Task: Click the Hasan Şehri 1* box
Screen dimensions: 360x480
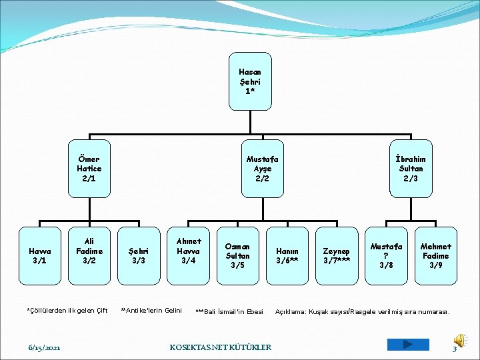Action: (x=249, y=81)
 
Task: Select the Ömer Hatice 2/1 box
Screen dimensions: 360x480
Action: (x=89, y=169)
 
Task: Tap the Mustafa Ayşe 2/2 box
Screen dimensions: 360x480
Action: (x=262, y=169)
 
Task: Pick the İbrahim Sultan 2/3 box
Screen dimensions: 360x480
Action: (x=410, y=169)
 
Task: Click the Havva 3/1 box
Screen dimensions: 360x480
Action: (x=39, y=256)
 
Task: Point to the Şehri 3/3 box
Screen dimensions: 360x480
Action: (x=139, y=256)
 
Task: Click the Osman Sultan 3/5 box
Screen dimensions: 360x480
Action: (x=237, y=256)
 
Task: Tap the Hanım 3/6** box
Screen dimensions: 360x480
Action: (x=287, y=256)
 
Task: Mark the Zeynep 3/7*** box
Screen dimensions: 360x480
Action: (x=337, y=256)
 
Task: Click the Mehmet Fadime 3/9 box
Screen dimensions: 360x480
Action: (x=435, y=256)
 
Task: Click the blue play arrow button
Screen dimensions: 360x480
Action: (x=408, y=345)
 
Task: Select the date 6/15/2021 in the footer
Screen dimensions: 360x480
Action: (x=45, y=348)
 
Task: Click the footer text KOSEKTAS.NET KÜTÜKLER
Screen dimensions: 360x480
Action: (x=221, y=347)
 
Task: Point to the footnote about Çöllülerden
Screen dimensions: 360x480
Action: (x=67, y=310)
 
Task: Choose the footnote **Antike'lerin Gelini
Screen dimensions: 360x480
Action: (x=151, y=310)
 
